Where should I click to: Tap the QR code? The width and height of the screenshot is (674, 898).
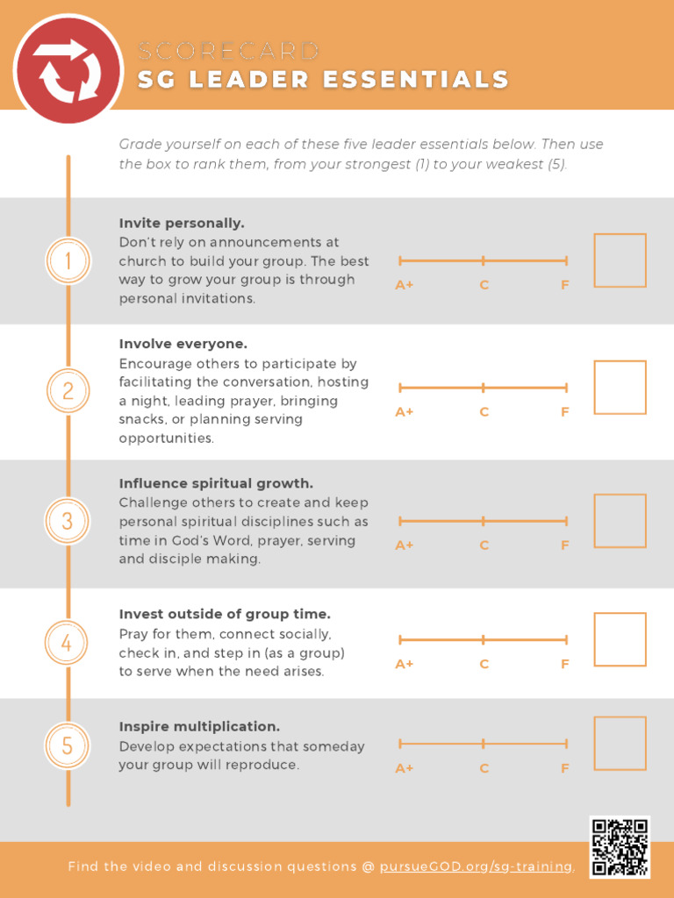coord(620,846)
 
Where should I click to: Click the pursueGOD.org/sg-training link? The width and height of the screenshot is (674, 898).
coord(476,866)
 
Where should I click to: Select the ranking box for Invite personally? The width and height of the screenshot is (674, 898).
coord(620,260)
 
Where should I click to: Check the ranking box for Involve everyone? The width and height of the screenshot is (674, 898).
coord(620,387)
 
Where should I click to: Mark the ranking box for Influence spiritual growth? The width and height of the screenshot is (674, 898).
coord(620,521)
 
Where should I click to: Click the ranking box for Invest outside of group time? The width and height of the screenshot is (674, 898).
coord(620,639)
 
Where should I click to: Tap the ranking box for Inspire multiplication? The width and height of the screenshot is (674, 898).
coord(620,744)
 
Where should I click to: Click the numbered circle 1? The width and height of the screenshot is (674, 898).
coord(68,260)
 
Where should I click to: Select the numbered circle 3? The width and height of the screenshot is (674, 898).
coord(68,521)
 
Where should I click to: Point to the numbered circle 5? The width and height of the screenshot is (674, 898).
coord(68,746)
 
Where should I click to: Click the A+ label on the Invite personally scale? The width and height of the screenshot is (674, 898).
coord(405,285)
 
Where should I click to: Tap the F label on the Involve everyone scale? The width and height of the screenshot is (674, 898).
coord(565,412)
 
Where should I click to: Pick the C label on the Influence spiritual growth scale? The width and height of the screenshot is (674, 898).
coord(484,545)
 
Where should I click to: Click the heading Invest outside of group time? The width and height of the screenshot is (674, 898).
coord(225,614)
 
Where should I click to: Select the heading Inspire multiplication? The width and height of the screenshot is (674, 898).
coord(199,727)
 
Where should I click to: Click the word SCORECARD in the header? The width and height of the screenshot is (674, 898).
coord(228,51)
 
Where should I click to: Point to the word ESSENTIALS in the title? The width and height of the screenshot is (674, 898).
coord(416,80)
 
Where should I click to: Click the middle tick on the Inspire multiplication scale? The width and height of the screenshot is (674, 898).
coord(484,744)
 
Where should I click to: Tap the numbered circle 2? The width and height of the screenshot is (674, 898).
coord(68,390)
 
